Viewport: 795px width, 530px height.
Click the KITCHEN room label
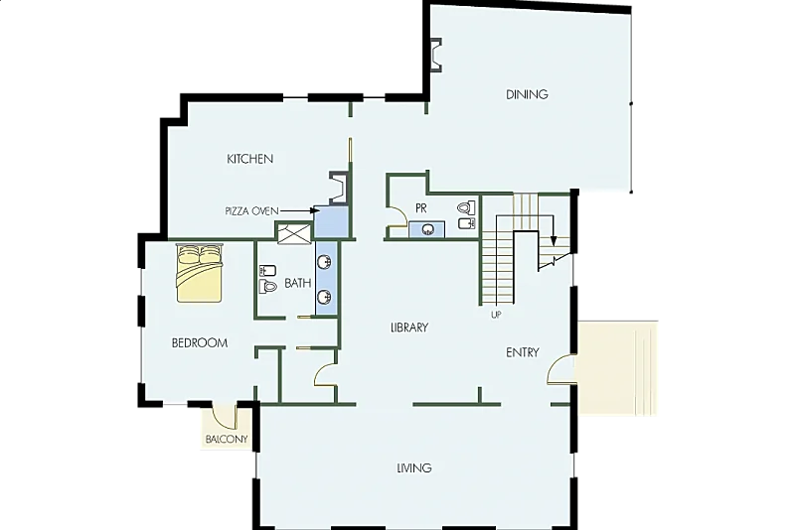(250, 159)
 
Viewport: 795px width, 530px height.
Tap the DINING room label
(527, 94)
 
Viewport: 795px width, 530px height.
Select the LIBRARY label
(409, 328)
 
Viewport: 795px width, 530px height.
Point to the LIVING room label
(414, 467)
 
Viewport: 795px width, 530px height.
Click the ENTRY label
(523, 352)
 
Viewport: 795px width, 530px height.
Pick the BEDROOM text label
(200, 343)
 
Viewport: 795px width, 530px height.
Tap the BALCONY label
(227, 439)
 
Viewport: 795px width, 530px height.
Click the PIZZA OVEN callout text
(252, 211)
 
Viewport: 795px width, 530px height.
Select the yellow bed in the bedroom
(200, 273)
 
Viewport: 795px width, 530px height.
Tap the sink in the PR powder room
(428, 229)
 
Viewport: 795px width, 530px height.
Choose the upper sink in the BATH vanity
(325, 262)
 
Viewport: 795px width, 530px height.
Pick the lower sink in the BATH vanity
(325, 296)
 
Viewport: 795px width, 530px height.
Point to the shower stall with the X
(294, 234)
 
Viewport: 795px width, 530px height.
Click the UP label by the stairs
(496, 315)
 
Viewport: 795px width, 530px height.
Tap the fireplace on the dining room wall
(435, 56)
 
